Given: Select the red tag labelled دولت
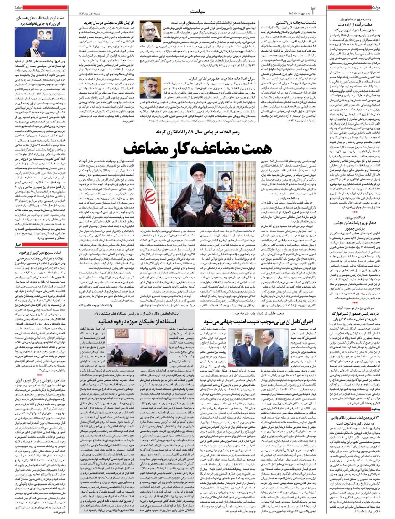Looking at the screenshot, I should pos(387,7).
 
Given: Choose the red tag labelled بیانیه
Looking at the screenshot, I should pos(386,384).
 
